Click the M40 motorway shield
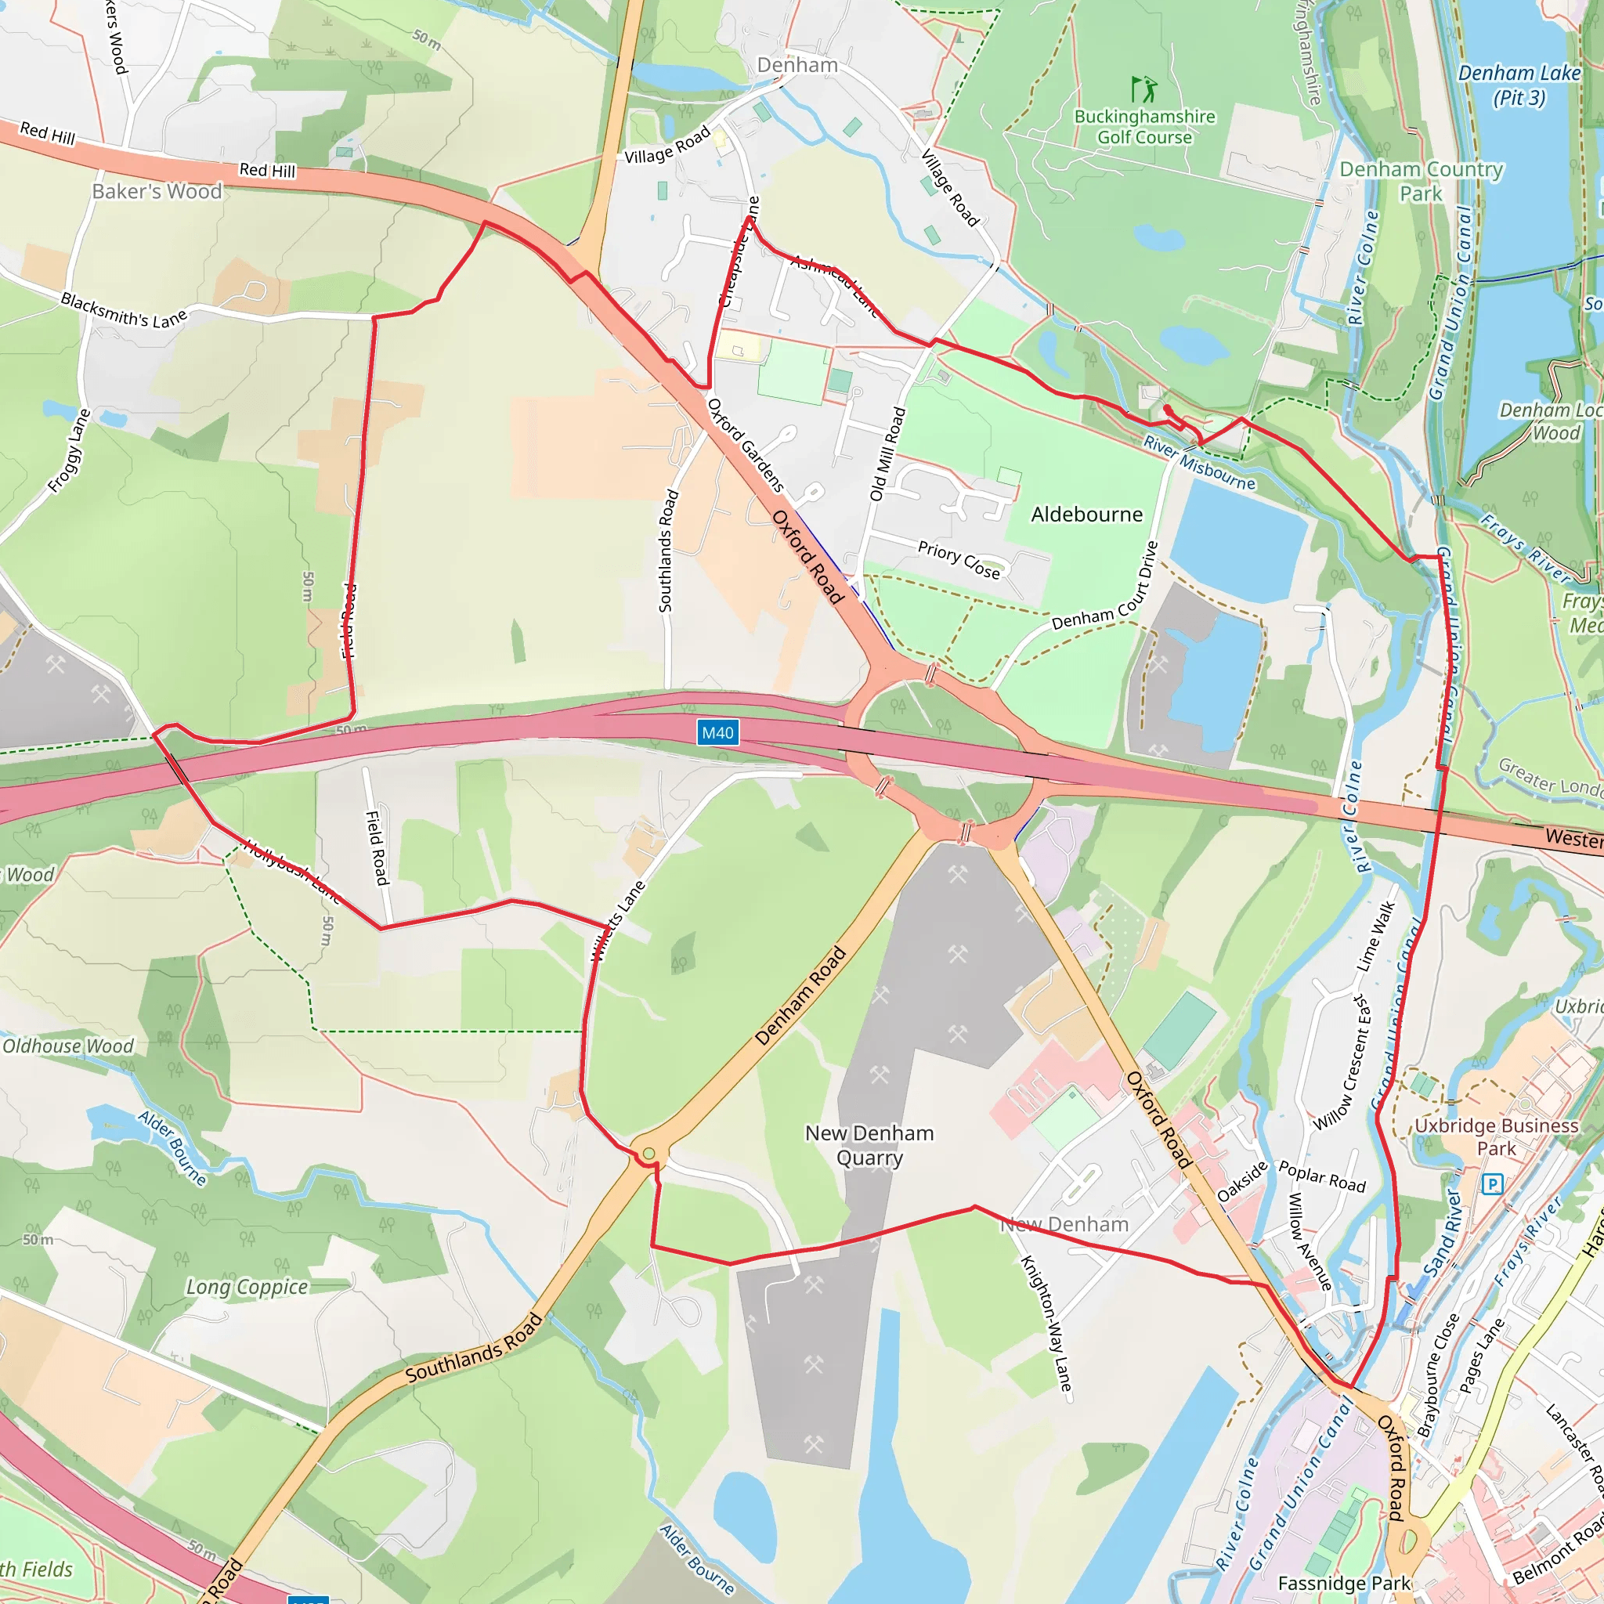(717, 732)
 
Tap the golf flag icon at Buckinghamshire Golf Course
(1144, 89)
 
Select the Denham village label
(797, 65)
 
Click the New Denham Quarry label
(869, 1145)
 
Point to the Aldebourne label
(1086, 515)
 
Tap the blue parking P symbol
(1492, 1184)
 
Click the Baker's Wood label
(157, 191)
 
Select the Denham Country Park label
(1422, 181)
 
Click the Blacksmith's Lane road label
(125, 310)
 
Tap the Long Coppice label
(247, 1287)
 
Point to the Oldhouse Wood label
(68, 1046)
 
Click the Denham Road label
(800, 995)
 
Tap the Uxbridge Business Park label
(1496, 1136)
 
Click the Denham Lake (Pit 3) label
(1519, 85)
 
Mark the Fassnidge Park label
(1344, 1583)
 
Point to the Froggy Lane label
(69, 451)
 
